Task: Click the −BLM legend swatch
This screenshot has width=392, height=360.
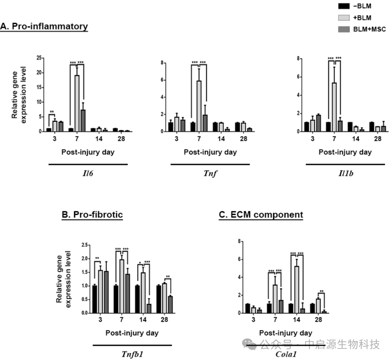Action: (344, 6)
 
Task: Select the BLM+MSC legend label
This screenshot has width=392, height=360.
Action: (372, 29)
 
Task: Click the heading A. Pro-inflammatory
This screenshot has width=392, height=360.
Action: (44, 27)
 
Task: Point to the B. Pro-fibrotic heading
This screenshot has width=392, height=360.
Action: (93, 215)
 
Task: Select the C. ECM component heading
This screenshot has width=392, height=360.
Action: (261, 215)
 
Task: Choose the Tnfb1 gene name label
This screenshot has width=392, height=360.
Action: (132, 354)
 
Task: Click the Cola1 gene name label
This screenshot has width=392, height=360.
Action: (286, 354)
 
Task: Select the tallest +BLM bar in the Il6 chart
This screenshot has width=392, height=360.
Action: (77, 103)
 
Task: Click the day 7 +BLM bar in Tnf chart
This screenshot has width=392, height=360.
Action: (199, 106)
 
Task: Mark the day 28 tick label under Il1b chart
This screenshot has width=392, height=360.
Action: (377, 139)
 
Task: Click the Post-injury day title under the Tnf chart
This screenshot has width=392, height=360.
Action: (210, 152)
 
